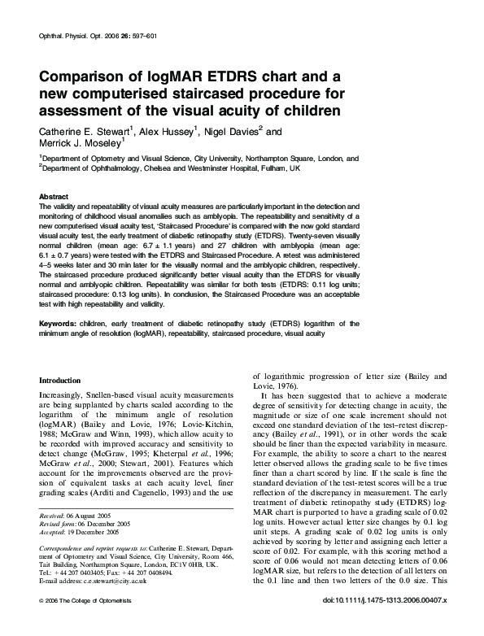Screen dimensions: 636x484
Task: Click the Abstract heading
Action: coord(54,198)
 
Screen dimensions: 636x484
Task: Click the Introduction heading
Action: coord(60,380)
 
